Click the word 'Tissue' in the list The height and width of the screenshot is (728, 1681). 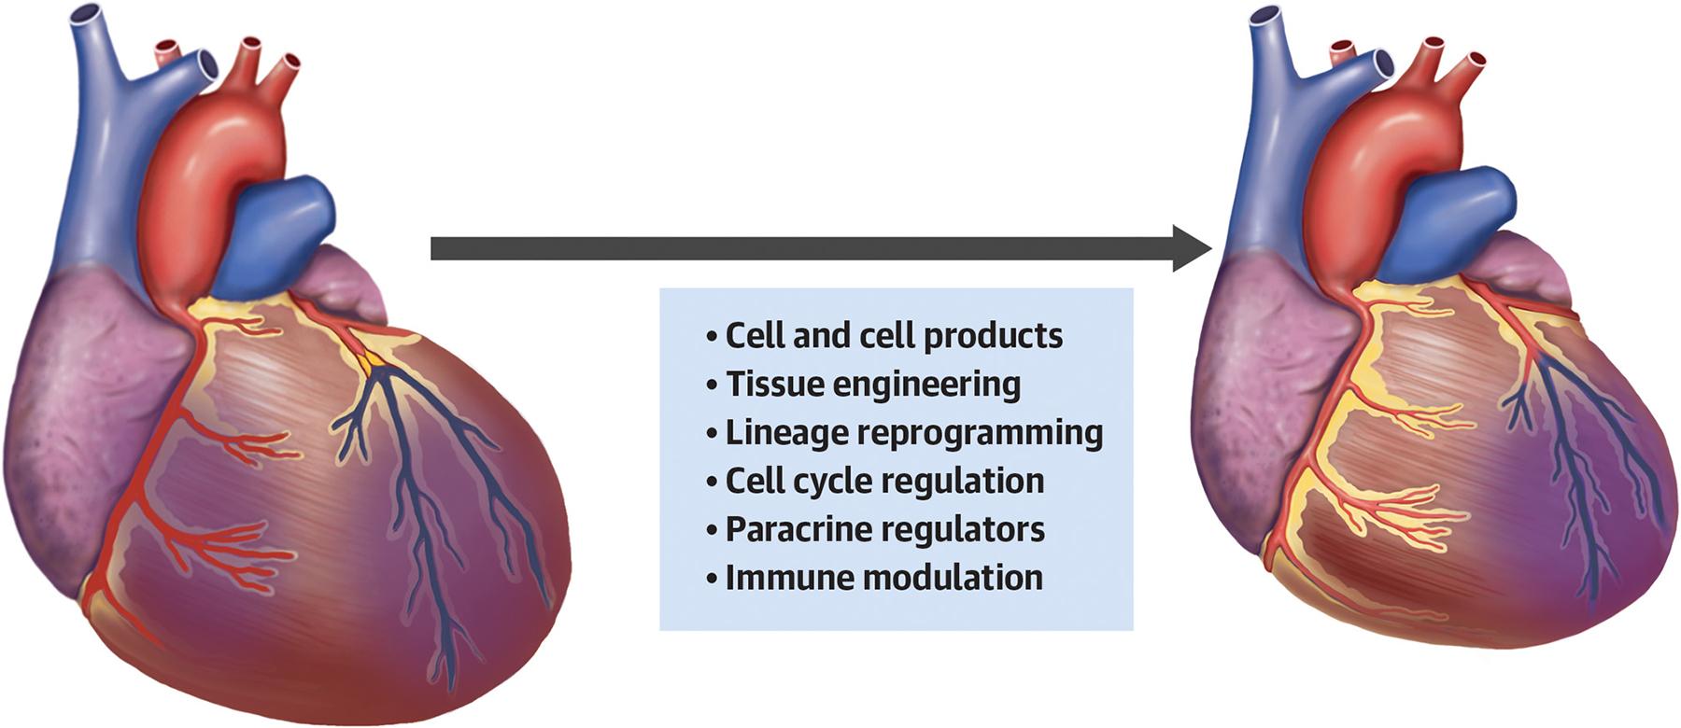pos(771,384)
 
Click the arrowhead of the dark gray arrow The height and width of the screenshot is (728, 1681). pos(1192,248)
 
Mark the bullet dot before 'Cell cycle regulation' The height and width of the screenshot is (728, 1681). pos(713,483)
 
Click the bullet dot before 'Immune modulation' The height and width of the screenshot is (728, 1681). pos(713,580)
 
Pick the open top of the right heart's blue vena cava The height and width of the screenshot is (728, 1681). pos(1267,15)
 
